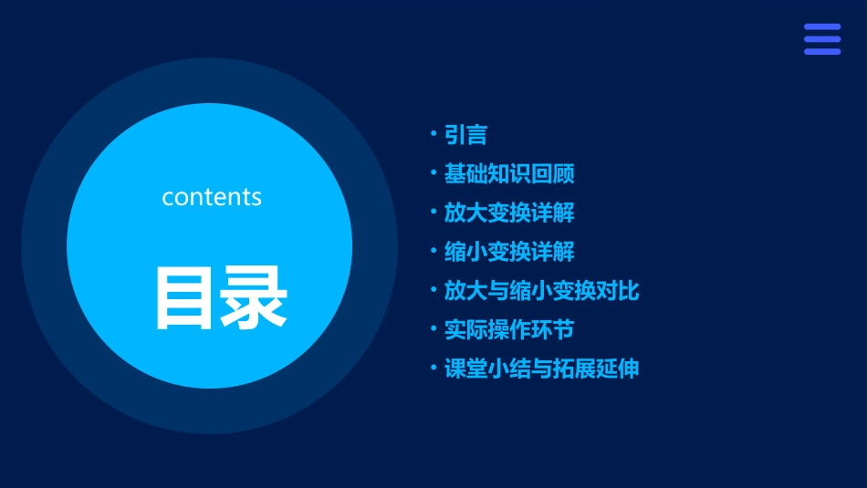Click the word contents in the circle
[x=212, y=197]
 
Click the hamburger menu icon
[x=822, y=39]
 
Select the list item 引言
[x=465, y=136]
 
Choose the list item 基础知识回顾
[x=509, y=174]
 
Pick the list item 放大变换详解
[x=509, y=213]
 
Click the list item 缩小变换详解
[x=509, y=252]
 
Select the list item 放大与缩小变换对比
[x=541, y=291]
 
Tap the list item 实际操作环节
[x=509, y=329]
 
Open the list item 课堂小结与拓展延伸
[x=541, y=369]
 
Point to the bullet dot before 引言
[x=433, y=134]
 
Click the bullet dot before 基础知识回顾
[x=433, y=172]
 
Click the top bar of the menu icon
[x=822, y=27]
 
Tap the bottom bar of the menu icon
[x=822, y=51]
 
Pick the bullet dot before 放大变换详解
[x=433, y=212]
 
